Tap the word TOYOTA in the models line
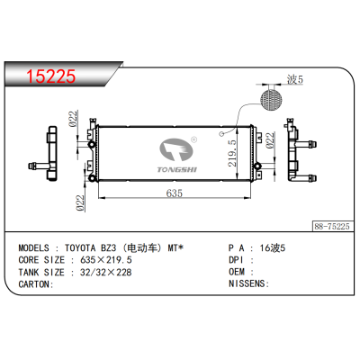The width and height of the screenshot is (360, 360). point(90,246)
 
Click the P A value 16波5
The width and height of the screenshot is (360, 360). point(271,246)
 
